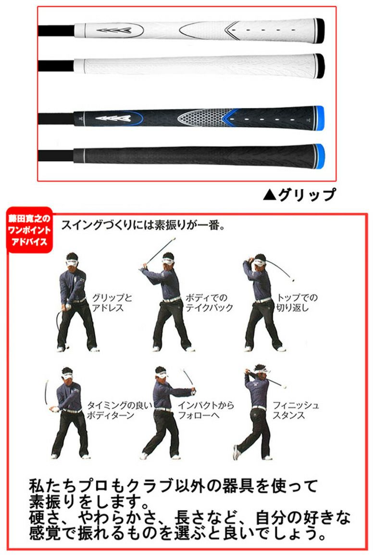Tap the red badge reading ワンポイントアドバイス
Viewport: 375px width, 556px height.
tap(29, 230)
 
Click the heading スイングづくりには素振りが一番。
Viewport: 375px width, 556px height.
tap(143, 225)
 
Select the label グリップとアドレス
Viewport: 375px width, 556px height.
tap(112, 303)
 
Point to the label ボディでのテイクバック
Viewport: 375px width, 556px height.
tap(209, 303)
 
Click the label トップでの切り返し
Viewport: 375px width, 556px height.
tap(297, 303)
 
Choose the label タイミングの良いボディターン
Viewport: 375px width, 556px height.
tap(119, 410)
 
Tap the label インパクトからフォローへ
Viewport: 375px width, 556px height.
tap(206, 410)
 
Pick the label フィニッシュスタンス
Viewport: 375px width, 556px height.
tap(296, 410)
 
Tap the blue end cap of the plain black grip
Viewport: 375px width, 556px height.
tap(319, 156)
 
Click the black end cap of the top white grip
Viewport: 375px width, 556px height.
tap(319, 31)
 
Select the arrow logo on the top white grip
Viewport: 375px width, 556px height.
tap(114, 30)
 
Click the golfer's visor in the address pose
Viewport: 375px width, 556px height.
tap(72, 263)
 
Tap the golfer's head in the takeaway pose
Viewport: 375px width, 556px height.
tap(168, 261)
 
